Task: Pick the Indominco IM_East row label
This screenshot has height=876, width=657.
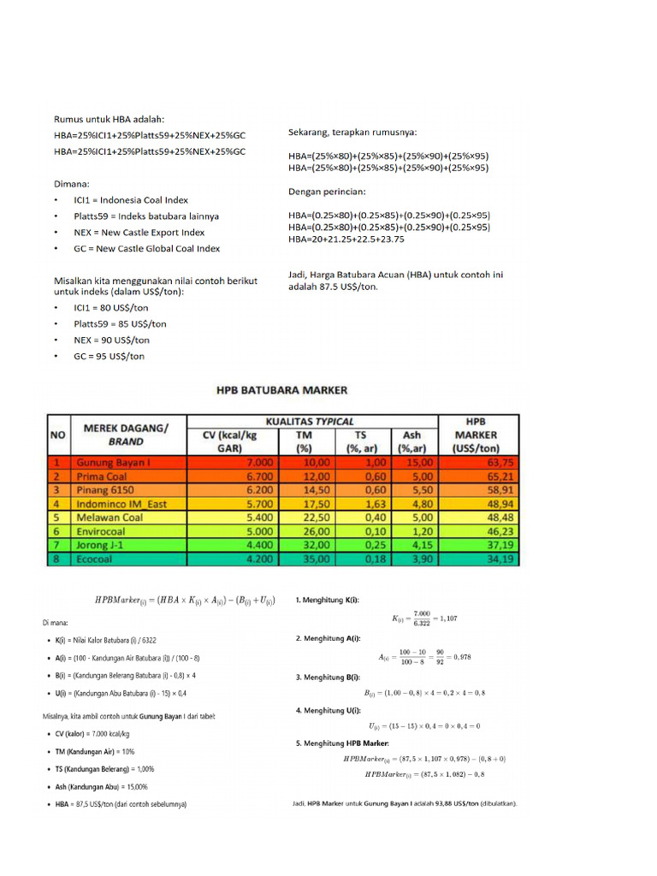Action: [x=123, y=505]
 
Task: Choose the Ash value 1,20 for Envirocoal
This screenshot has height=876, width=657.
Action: [x=414, y=531]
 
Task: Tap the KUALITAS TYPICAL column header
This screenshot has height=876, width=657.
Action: [x=311, y=422]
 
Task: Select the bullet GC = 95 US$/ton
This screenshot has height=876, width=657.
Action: [x=109, y=356]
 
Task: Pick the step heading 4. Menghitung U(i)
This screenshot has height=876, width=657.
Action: [x=328, y=710]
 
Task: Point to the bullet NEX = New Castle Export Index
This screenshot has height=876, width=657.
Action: [x=139, y=232]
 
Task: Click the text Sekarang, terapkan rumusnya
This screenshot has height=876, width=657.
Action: [x=352, y=133]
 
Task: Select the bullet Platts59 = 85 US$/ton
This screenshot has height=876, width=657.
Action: [x=120, y=323]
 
